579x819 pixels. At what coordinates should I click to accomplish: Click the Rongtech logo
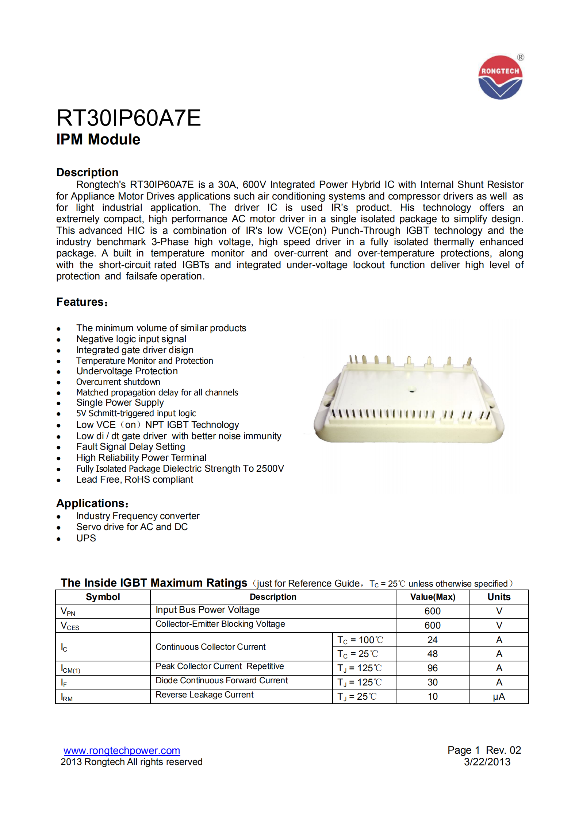click(x=500, y=77)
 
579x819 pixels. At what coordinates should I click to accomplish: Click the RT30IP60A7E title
click(x=129, y=118)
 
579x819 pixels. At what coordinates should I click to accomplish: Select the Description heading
click(x=87, y=172)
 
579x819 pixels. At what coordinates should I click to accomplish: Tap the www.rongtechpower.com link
click(x=122, y=750)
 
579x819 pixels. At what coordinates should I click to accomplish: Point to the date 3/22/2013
click(x=487, y=762)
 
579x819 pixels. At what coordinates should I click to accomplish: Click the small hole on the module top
click(x=413, y=390)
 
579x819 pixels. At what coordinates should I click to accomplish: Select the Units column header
click(x=499, y=597)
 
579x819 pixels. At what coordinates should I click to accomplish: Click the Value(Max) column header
click(x=433, y=597)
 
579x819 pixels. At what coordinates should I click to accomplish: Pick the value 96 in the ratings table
click(x=433, y=668)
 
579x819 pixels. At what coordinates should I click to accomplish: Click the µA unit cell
click(x=499, y=696)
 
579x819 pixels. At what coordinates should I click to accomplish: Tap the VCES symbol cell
click(x=70, y=626)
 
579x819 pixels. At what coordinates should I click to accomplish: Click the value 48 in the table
click(x=433, y=654)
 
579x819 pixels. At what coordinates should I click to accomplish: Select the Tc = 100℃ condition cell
click(x=360, y=640)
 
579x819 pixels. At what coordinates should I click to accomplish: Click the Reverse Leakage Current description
click(x=204, y=695)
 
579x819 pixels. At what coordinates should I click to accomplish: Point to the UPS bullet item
click(x=86, y=538)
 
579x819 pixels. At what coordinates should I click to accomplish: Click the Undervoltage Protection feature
click(x=127, y=371)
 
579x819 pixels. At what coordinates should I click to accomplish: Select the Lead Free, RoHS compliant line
click(x=134, y=479)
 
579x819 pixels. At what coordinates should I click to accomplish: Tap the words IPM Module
click(x=98, y=139)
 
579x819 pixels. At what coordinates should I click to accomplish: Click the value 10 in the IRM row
click(x=433, y=696)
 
